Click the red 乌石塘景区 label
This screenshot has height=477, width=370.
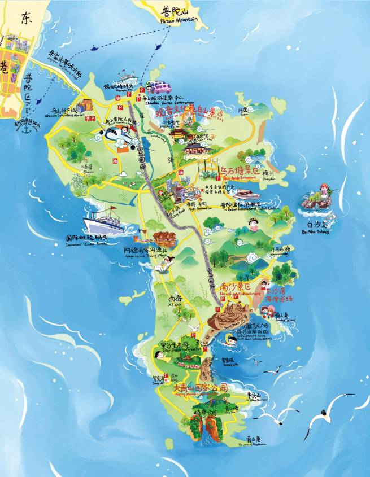[239, 169]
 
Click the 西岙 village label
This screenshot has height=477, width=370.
[175, 299]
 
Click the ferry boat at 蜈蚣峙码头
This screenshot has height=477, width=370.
[127, 77]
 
